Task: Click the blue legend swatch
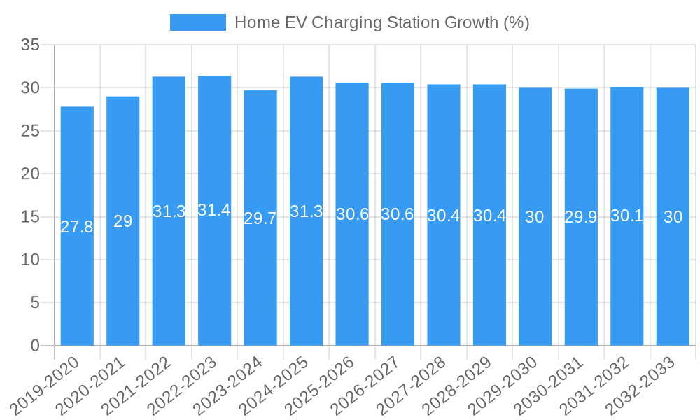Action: tap(198, 22)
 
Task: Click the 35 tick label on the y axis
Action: tap(30, 45)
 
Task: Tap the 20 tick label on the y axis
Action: tap(30, 174)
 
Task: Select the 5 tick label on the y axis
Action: tap(35, 302)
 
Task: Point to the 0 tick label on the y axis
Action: tap(35, 346)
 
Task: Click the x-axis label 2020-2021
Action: tap(91, 386)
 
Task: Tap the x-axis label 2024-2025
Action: tap(274, 386)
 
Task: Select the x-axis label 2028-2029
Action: tap(458, 386)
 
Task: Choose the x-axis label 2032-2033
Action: tap(641, 386)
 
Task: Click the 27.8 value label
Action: tap(77, 227)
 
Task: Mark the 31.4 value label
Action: tap(214, 210)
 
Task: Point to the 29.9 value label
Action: tap(581, 217)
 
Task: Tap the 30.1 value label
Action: tap(627, 216)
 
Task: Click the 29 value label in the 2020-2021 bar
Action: tap(123, 221)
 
